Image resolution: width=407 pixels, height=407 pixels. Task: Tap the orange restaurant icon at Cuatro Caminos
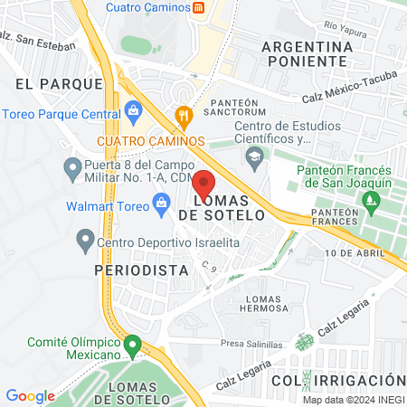tap(184, 115)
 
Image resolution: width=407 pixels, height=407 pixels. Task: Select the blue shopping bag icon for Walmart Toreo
tap(162, 203)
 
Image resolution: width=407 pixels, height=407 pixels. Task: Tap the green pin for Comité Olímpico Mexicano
tap(133, 345)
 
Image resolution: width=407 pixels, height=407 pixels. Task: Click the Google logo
tap(30, 395)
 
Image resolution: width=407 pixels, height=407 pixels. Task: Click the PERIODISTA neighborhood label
tap(141, 270)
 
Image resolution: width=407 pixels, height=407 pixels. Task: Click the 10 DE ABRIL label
tap(352, 252)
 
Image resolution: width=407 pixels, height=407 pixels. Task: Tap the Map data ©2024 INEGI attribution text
tap(353, 399)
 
